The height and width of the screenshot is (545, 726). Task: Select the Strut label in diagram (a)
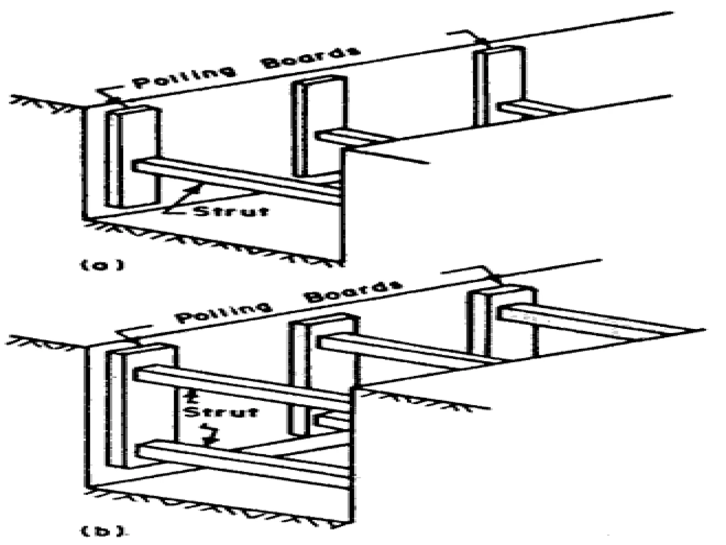(231, 211)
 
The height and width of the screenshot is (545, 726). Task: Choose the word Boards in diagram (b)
(354, 291)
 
